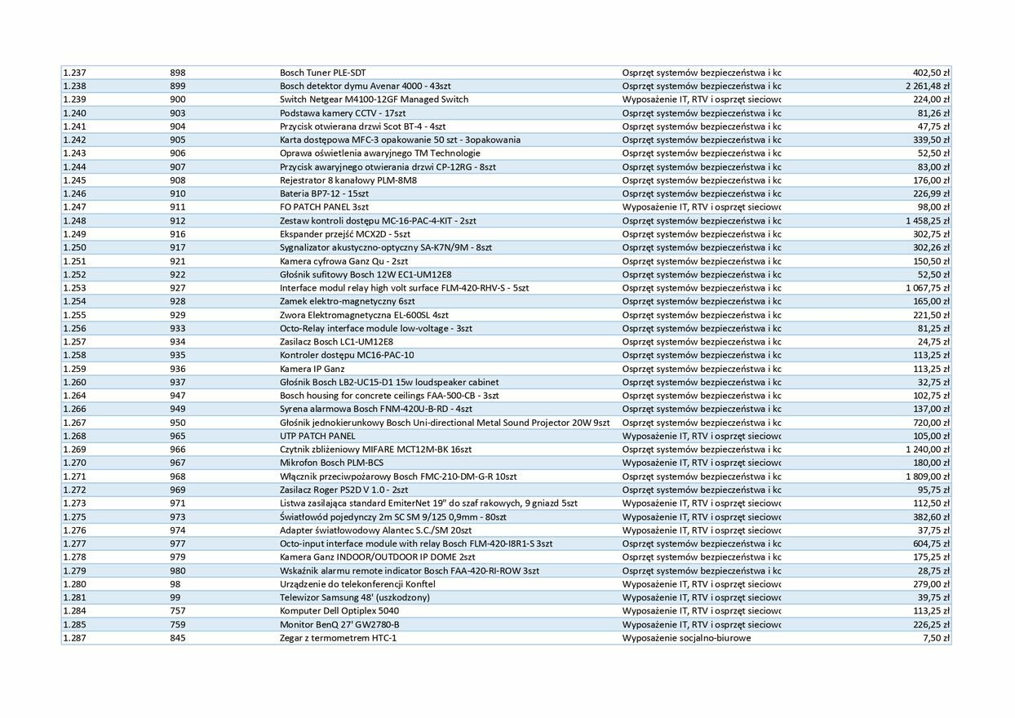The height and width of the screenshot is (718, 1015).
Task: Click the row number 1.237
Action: point(74,73)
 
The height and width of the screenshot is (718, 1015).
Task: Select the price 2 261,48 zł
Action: point(927,86)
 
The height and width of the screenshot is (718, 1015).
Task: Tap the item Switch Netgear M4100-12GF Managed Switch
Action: point(374,100)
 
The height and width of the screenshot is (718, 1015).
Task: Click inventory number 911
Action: point(178,207)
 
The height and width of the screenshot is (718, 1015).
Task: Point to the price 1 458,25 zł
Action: point(927,220)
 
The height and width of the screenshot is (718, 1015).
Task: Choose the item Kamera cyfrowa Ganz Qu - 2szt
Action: point(344,261)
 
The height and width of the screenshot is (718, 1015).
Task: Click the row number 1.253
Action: point(74,288)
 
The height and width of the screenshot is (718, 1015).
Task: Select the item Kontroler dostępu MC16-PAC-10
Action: point(347,355)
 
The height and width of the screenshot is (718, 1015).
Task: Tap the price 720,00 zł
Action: point(932,423)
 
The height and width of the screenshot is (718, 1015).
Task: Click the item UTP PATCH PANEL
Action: point(317,436)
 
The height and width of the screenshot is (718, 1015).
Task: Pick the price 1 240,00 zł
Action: point(927,450)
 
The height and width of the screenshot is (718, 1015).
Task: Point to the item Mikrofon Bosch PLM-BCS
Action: point(331,463)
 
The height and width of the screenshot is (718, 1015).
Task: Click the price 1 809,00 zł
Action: point(927,476)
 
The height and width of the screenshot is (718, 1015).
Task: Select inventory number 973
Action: point(178,516)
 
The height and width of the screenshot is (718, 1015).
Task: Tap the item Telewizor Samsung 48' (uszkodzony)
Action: point(355,597)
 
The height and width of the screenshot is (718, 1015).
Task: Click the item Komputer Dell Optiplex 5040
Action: point(339,611)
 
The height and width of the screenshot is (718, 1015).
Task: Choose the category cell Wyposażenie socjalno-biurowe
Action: point(686,638)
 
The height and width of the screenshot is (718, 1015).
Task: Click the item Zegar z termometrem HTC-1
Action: point(338,638)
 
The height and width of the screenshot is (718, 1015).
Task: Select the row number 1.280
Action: point(74,584)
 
